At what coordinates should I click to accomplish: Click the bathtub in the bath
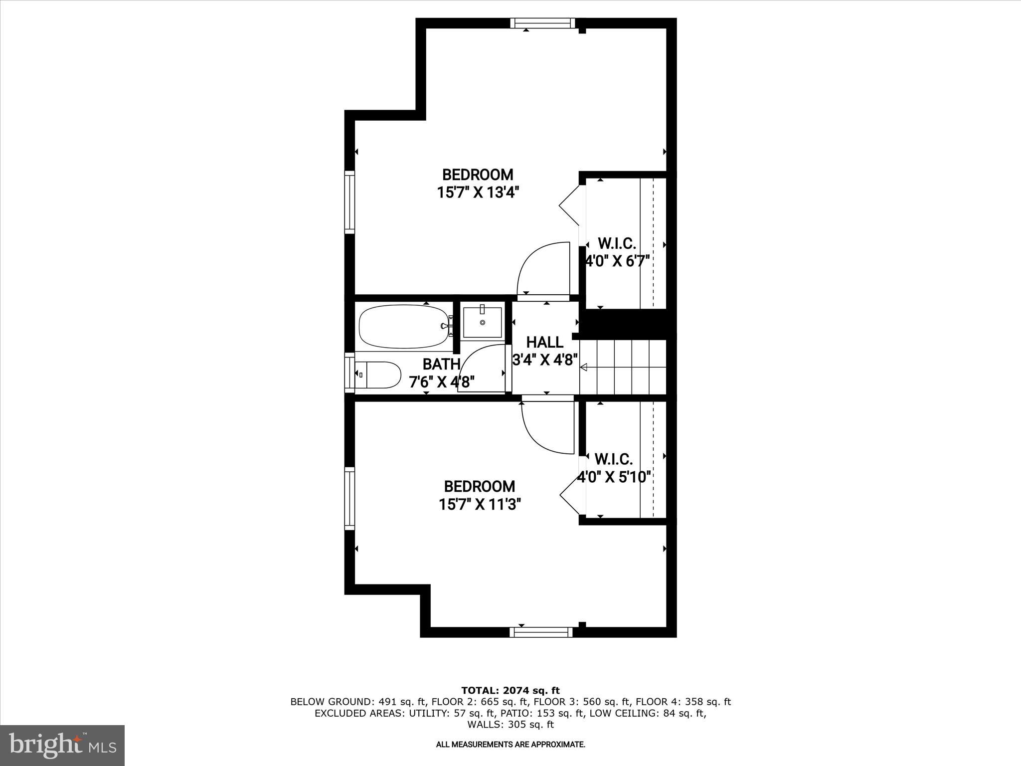[x=404, y=327]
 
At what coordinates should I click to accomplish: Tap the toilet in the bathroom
[x=379, y=375]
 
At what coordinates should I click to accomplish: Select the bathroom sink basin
[x=482, y=323]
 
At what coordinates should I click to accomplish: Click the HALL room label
[x=545, y=342]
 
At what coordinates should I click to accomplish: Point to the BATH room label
[x=441, y=364]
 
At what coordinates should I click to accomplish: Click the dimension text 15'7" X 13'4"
[x=475, y=192]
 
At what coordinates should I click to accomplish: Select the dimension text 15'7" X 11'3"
[x=480, y=504]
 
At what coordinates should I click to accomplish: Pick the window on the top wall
[x=542, y=22]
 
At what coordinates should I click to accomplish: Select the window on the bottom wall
[x=541, y=632]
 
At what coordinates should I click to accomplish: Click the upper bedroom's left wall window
[x=349, y=202]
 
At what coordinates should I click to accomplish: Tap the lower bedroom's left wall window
[x=349, y=498]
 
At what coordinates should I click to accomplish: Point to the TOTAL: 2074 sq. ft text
[x=510, y=691]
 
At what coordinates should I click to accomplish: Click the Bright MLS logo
[x=62, y=745]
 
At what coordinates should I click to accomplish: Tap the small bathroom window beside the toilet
[x=349, y=372]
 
